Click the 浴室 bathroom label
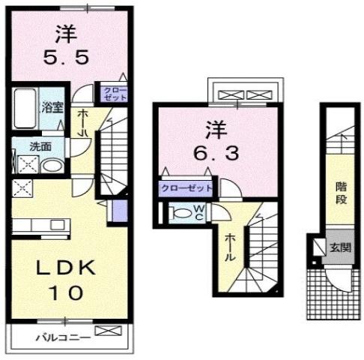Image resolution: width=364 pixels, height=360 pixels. [51, 106]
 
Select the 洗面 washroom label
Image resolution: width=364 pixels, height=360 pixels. [40, 146]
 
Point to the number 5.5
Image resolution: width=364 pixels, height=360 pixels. [67, 56]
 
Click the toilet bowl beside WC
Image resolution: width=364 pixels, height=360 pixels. [180, 213]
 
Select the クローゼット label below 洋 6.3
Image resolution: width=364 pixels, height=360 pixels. [185, 187]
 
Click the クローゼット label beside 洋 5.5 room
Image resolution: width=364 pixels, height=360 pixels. [121, 94]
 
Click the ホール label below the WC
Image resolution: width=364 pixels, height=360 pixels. [231, 246]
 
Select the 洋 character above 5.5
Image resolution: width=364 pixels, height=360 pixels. [67, 31]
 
